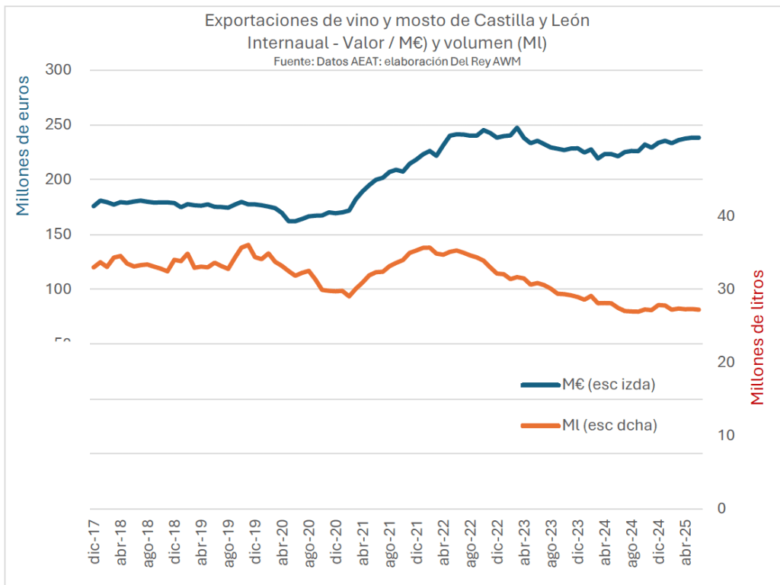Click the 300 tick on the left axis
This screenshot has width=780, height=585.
click(59, 70)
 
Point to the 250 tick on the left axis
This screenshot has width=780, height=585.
click(59, 125)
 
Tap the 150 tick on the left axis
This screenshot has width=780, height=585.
click(59, 235)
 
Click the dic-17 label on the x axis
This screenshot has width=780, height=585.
click(94, 543)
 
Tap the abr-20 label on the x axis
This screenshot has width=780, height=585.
click(283, 543)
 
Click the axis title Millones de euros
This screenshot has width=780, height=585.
click(24, 145)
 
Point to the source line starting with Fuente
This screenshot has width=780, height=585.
click(396, 62)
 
